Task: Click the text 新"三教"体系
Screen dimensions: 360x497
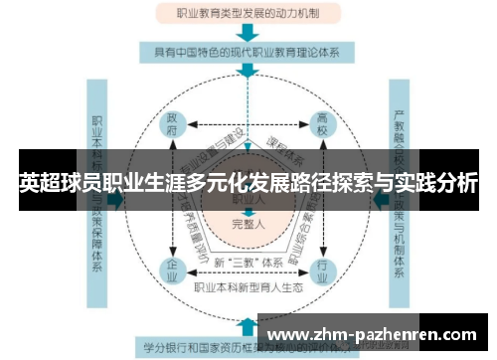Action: coord(246,263)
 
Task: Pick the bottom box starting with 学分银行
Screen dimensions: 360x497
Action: coord(199,348)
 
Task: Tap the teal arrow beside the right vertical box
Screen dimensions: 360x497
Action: coord(379,200)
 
